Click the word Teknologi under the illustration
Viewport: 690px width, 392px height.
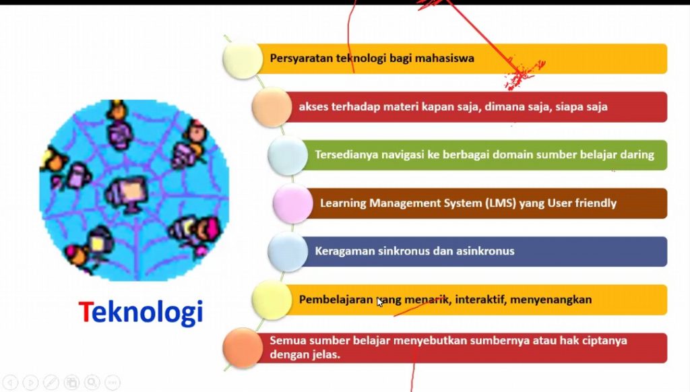(x=141, y=313)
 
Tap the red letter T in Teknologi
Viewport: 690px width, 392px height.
(x=84, y=311)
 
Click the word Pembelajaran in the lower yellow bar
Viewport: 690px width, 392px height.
(x=336, y=300)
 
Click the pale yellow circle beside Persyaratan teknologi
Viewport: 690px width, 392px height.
(x=243, y=59)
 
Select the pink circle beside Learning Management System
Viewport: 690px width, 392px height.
(x=292, y=203)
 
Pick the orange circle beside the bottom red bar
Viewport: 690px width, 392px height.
(x=243, y=348)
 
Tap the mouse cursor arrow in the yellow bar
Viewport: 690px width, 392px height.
(x=380, y=302)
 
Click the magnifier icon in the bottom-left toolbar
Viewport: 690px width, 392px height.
(x=92, y=383)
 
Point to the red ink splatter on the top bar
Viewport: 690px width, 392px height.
(x=524, y=75)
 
